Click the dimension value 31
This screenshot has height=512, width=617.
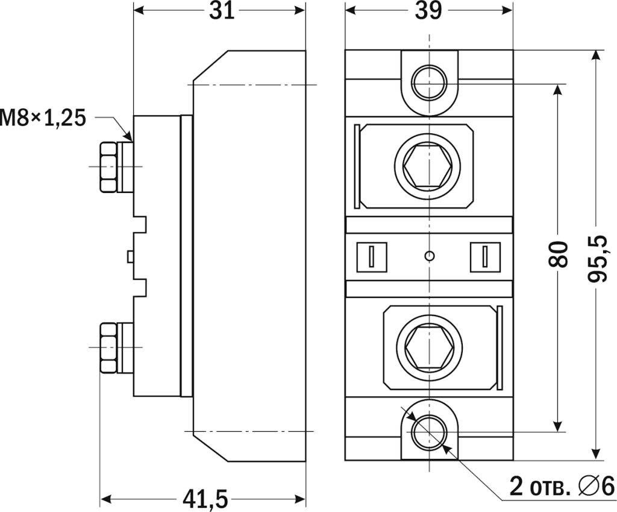point(222,10)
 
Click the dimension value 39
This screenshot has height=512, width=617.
point(428,10)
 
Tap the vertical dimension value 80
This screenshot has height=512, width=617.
point(560,254)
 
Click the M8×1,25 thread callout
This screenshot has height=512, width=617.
point(43,118)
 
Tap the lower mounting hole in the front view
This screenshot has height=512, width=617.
point(428,431)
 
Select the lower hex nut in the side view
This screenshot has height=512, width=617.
point(109,347)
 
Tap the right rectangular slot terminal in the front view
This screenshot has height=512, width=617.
point(485,256)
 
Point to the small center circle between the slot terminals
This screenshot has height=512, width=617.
point(428,256)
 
